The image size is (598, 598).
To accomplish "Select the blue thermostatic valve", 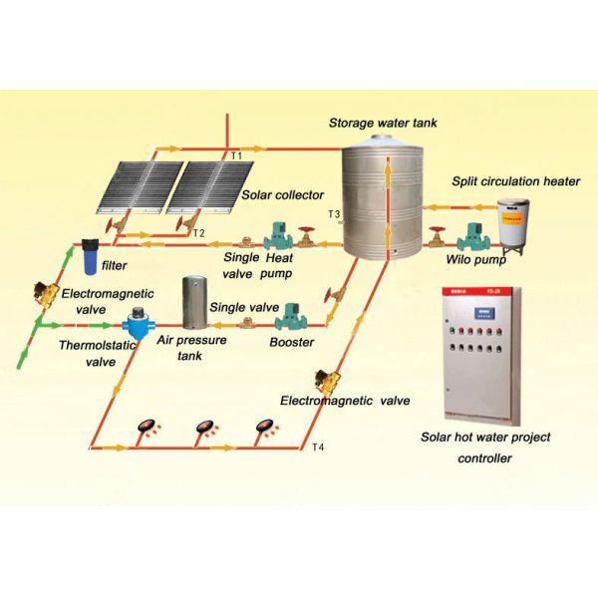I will coord(133,326).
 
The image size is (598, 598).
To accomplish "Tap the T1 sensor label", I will coord(236,156).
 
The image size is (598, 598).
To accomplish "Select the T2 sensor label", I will coord(198,233).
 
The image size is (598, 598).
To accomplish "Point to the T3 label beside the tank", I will coord(334,214).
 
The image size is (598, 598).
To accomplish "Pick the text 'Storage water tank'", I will coord(383,124).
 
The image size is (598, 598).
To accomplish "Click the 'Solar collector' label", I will coord(274,198).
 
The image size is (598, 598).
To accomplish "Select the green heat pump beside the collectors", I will coord(275,238).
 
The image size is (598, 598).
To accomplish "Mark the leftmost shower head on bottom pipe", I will coord(147,426).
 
